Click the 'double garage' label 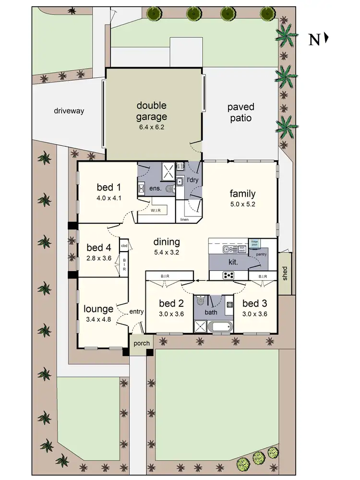point(151,111)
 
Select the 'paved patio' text point(240,112)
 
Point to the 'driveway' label point(69,111)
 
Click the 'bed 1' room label point(106,187)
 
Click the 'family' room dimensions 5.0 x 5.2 point(242,205)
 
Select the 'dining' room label point(167,241)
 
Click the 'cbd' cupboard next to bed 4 point(124,246)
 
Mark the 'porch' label point(142,343)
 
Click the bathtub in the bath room point(221,327)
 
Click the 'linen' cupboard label point(184,219)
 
